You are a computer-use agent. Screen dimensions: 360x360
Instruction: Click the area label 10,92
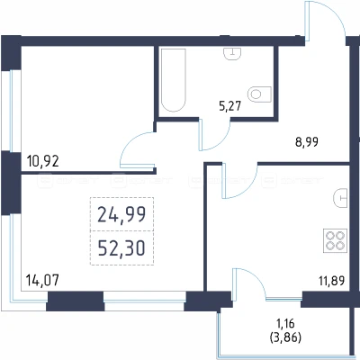click(x=43, y=161)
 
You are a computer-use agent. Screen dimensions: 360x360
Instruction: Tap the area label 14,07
click(x=42, y=281)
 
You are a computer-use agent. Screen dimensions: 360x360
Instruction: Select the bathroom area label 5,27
click(x=230, y=106)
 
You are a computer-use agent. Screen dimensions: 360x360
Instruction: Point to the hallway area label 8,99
click(x=307, y=142)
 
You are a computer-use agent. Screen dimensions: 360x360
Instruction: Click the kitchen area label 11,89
click(x=331, y=281)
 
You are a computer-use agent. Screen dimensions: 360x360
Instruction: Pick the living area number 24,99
click(x=121, y=214)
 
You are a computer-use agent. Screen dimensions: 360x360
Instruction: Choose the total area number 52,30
click(x=121, y=248)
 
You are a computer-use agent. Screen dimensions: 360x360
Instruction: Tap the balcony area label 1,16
click(x=285, y=324)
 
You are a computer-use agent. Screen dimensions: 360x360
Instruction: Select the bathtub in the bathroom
click(x=173, y=80)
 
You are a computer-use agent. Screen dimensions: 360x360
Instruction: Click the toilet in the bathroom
click(x=260, y=94)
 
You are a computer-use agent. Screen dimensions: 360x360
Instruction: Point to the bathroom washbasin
click(x=232, y=54)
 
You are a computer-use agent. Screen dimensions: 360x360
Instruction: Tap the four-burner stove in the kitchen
click(x=335, y=241)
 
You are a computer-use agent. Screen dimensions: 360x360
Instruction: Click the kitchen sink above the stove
click(x=340, y=198)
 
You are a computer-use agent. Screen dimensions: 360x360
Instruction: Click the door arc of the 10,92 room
click(x=129, y=141)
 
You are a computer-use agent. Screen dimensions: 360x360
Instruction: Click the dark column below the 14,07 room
click(x=76, y=301)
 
